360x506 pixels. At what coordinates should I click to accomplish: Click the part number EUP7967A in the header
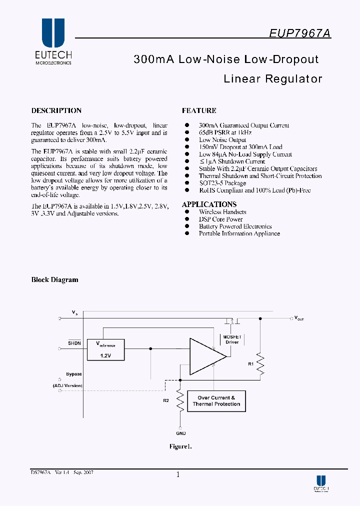[x=299, y=33]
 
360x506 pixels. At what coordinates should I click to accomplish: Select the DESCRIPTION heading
[x=56, y=110]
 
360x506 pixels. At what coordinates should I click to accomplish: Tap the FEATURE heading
[x=199, y=110]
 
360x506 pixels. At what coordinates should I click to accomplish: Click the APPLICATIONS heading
[x=209, y=204]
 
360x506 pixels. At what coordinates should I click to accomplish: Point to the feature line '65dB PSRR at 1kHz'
[x=225, y=132]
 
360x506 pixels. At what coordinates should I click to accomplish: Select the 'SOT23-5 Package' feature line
[x=222, y=183]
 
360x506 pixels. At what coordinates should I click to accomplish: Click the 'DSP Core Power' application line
[x=220, y=219]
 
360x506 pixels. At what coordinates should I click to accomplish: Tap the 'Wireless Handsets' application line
[x=222, y=212]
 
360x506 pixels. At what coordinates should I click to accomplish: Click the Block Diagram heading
[x=54, y=280]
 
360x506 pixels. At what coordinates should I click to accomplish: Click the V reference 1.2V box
[x=105, y=349]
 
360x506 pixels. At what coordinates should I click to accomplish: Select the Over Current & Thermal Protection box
[x=216, y=401]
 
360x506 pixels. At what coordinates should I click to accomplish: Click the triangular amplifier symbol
[x=206, y=356]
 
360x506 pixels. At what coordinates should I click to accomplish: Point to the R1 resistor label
[x=250, y=364]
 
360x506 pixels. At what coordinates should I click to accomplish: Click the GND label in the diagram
[x=181, y=433]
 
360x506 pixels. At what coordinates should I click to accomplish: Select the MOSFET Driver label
[x=232, y=339]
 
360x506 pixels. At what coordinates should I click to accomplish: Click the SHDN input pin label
[x=74, y=343]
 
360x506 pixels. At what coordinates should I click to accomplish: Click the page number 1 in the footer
[x=177, y=474]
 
